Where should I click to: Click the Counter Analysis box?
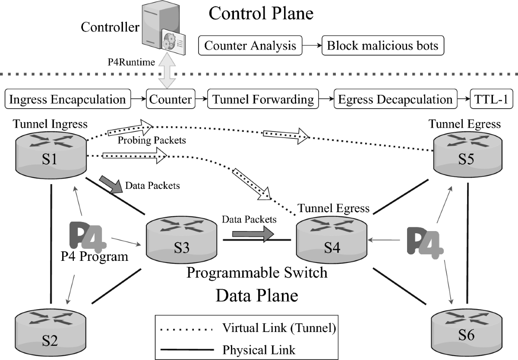[x=250, y=46]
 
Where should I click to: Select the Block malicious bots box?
[x=383, y=46]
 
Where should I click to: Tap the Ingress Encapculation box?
[x=68, y=99]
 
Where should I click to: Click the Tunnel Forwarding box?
[x=263, y=99]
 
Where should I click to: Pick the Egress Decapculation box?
[x=395, y=99]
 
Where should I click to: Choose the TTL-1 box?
[x=491, y=99]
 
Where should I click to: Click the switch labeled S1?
[x=51, y=155]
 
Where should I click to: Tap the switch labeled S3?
[x=182, y=240]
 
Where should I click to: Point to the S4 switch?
[x=332, y=240]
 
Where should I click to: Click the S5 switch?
[x=467, y=155]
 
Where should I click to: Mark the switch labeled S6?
[x=467, y=332]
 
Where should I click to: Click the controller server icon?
[x=164, y=28]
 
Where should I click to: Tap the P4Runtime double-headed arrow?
[x=167, y=71]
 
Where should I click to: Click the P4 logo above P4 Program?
[x=88, y=237]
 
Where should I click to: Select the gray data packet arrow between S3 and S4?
[x=253, y=234]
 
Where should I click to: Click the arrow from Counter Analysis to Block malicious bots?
[x=312, y=46]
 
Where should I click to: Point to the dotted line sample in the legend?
[x=186, y=329]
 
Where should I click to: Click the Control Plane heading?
[x=261, y=13]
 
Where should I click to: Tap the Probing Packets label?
[x=152, y=140]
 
